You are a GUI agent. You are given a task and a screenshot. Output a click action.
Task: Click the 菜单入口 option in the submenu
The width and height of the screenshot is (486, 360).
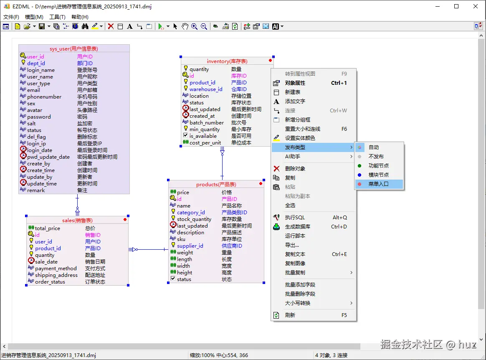[x=378, y=184]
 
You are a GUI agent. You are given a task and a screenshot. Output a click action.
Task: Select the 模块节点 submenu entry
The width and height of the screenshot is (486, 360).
[x=378, y=175]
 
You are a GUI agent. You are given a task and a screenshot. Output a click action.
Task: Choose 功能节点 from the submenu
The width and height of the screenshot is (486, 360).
[x=378, y=165]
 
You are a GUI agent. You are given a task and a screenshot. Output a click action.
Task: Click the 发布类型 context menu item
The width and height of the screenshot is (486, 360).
[x=295, y=147]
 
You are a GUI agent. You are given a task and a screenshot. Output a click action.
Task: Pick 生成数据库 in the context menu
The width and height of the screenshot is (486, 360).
[x=298, y=227]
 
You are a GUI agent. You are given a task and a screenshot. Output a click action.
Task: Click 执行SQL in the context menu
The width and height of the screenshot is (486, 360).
[x=295, y=218]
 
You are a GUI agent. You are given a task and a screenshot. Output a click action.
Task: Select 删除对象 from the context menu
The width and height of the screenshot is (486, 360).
[x=295, y=169]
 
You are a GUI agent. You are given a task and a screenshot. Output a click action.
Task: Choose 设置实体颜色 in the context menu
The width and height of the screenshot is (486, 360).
[x=300, y=138]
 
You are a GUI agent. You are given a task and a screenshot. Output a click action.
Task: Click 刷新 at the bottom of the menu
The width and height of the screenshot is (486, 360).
[x=290, y=315]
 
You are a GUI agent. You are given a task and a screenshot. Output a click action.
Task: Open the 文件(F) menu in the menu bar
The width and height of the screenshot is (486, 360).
[x=11, y=17]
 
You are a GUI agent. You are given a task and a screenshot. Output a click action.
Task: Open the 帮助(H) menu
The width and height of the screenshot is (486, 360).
[x=80, y=17]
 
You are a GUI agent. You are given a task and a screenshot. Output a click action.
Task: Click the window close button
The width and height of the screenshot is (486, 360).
[x=476, y=6]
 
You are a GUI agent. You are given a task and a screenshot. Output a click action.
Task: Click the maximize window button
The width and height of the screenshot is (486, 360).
[x=456, y=6]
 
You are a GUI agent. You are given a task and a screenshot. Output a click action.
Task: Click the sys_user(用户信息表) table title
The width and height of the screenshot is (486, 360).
[x=74, y=49]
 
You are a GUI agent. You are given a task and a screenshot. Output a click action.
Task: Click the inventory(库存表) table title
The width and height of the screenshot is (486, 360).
[x=227, y=61]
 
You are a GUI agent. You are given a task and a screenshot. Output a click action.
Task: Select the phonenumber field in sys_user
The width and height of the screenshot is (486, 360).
[x=44, y=97]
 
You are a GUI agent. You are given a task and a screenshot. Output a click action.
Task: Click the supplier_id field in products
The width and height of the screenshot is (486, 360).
[x=190, y=246]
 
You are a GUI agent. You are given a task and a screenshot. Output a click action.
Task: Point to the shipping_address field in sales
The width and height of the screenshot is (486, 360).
[x=56, y=275]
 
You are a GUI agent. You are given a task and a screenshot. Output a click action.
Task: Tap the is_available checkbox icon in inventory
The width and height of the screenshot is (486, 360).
[x=185, y=136]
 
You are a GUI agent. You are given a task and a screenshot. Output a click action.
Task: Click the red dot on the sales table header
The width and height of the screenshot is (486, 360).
[x=125, y=220]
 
